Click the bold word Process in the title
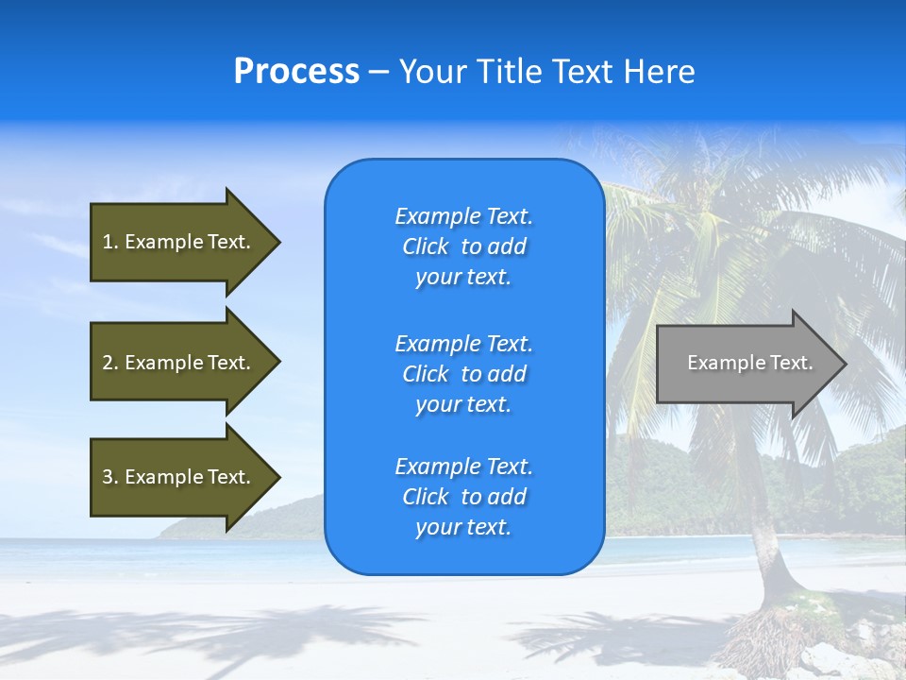(296, 72)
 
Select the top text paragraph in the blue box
(463, 246)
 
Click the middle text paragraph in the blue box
(463, 374)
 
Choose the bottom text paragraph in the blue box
(463, 497)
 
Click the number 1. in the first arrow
(110, 242)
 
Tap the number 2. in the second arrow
(110, 363)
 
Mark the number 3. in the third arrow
(110, 477)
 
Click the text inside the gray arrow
(750, 363)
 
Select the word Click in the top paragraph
(426, 246)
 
